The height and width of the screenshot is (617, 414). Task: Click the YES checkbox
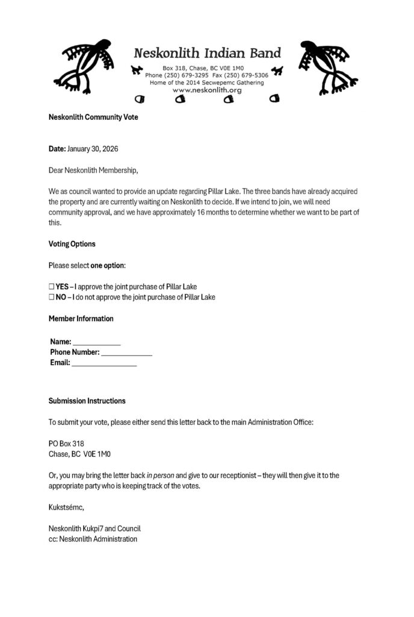coord(52,287)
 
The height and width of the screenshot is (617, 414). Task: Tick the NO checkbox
coord(52,297)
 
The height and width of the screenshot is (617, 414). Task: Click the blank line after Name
coord(97,342)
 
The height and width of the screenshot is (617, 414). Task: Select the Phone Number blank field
coord(126,352)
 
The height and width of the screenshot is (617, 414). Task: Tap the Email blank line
coord(104,363)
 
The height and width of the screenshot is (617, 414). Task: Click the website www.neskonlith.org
coord(206,90)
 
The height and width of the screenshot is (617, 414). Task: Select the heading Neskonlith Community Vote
coord(93,117)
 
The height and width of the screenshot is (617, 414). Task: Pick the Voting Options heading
coord(72,244)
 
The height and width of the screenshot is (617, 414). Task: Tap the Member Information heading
coord(81,319)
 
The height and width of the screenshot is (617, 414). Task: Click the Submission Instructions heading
coord(87,401)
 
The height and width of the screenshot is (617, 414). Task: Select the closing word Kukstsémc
coord(67,507)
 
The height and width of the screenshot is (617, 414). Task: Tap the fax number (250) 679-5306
coord(247,75)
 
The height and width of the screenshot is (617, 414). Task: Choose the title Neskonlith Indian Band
coord(207,53)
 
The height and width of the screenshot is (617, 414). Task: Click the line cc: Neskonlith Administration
coord(93,539)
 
